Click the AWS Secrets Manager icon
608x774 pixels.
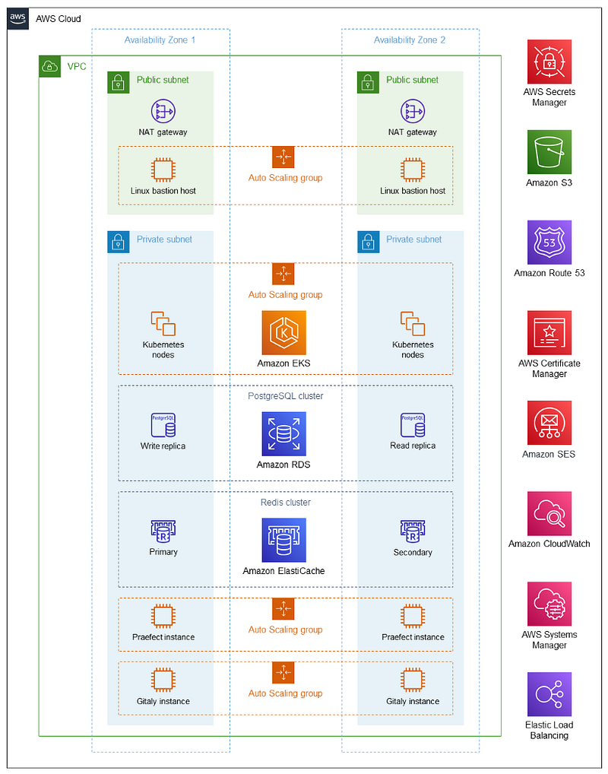pos(549,62)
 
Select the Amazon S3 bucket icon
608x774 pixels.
pos(549,152)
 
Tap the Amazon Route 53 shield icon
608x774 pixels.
pos(549,243)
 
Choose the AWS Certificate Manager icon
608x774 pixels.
pos(549,333)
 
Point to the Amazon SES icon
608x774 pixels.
pos(549,423)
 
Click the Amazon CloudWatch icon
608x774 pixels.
pos(549,513)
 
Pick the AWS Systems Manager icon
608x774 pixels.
pos(549,604)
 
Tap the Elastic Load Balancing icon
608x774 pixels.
pos(549,694)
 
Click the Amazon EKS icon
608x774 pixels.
pos(283,333)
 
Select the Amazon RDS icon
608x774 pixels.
pos(283,434)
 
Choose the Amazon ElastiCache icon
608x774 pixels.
pos(283,540)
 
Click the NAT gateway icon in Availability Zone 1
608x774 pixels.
pos(163,112)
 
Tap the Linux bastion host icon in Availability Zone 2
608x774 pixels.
pos(413,170)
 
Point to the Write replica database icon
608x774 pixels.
pos(163,425)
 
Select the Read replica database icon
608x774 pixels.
pos(413,425)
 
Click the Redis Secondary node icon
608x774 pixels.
pos(413,531)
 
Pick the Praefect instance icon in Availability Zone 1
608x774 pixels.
pos(163,616)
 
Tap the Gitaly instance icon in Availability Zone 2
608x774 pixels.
pos(413,680)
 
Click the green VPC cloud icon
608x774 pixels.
pos(50,66)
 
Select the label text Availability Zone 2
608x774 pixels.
pos(410,40)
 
